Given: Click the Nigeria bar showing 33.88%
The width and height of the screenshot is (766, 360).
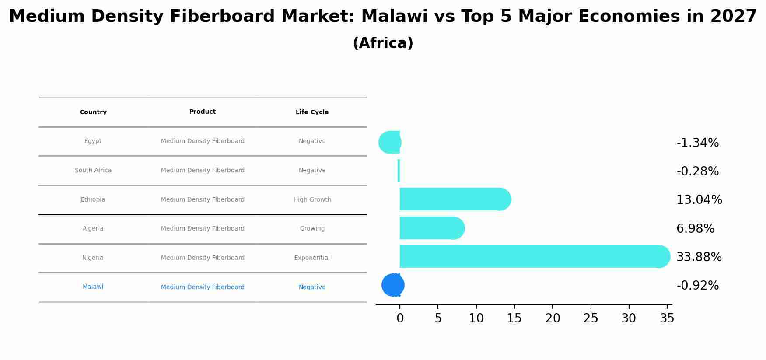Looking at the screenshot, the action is pos(535,256).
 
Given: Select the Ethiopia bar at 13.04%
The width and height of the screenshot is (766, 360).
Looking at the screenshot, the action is pos(455,199).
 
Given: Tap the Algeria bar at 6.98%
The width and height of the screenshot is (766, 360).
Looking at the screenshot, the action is pos(432,228).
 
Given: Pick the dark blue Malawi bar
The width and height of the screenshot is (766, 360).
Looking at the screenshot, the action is pos(393,285).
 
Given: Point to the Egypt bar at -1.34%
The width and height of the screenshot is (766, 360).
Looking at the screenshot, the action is pos(389,142).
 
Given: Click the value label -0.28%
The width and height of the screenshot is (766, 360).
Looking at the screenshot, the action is pos(697,171).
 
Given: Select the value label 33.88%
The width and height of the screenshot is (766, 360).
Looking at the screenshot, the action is pos(699,257).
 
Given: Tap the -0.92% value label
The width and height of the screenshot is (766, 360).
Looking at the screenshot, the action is pos(697,286).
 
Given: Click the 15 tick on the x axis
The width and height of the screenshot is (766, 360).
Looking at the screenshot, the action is pos(514,318).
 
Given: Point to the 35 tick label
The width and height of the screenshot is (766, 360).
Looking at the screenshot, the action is pos(667,318).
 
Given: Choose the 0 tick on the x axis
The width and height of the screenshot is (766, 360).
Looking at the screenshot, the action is pos(400,318).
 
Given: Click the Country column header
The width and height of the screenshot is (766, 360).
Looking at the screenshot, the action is pos(93,112).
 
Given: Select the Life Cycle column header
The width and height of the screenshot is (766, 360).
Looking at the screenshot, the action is pos(312,112).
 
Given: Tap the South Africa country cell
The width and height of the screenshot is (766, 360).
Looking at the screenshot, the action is pos(93,170).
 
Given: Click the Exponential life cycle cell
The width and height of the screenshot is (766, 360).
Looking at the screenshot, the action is pos(312,258).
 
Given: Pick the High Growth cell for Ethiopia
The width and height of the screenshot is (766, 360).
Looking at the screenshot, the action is pos(312,199).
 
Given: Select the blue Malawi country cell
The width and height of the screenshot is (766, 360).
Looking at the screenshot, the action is pos(93,287).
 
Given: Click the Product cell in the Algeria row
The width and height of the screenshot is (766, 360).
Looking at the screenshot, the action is pos(203,228).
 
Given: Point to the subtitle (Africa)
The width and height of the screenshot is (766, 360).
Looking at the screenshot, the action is pos(383,43).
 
